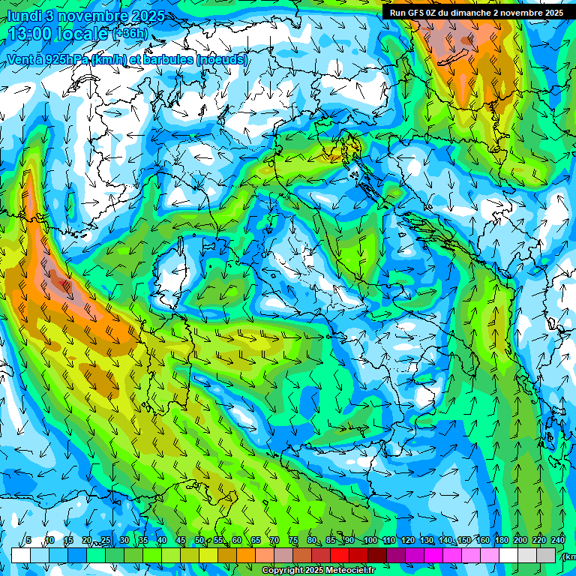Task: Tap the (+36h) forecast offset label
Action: click(x=130, y=34)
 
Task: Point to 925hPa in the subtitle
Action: click(x=64, y=58)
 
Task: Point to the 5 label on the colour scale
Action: click(x=28, y=541)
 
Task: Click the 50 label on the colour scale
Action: click(x=199, y=541)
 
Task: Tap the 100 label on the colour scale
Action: click(x=370, y=541)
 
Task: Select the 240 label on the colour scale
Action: click(x=558, y=541)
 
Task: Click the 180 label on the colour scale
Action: click(x=502, y=541)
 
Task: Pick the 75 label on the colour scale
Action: click(x=293, y=541)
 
